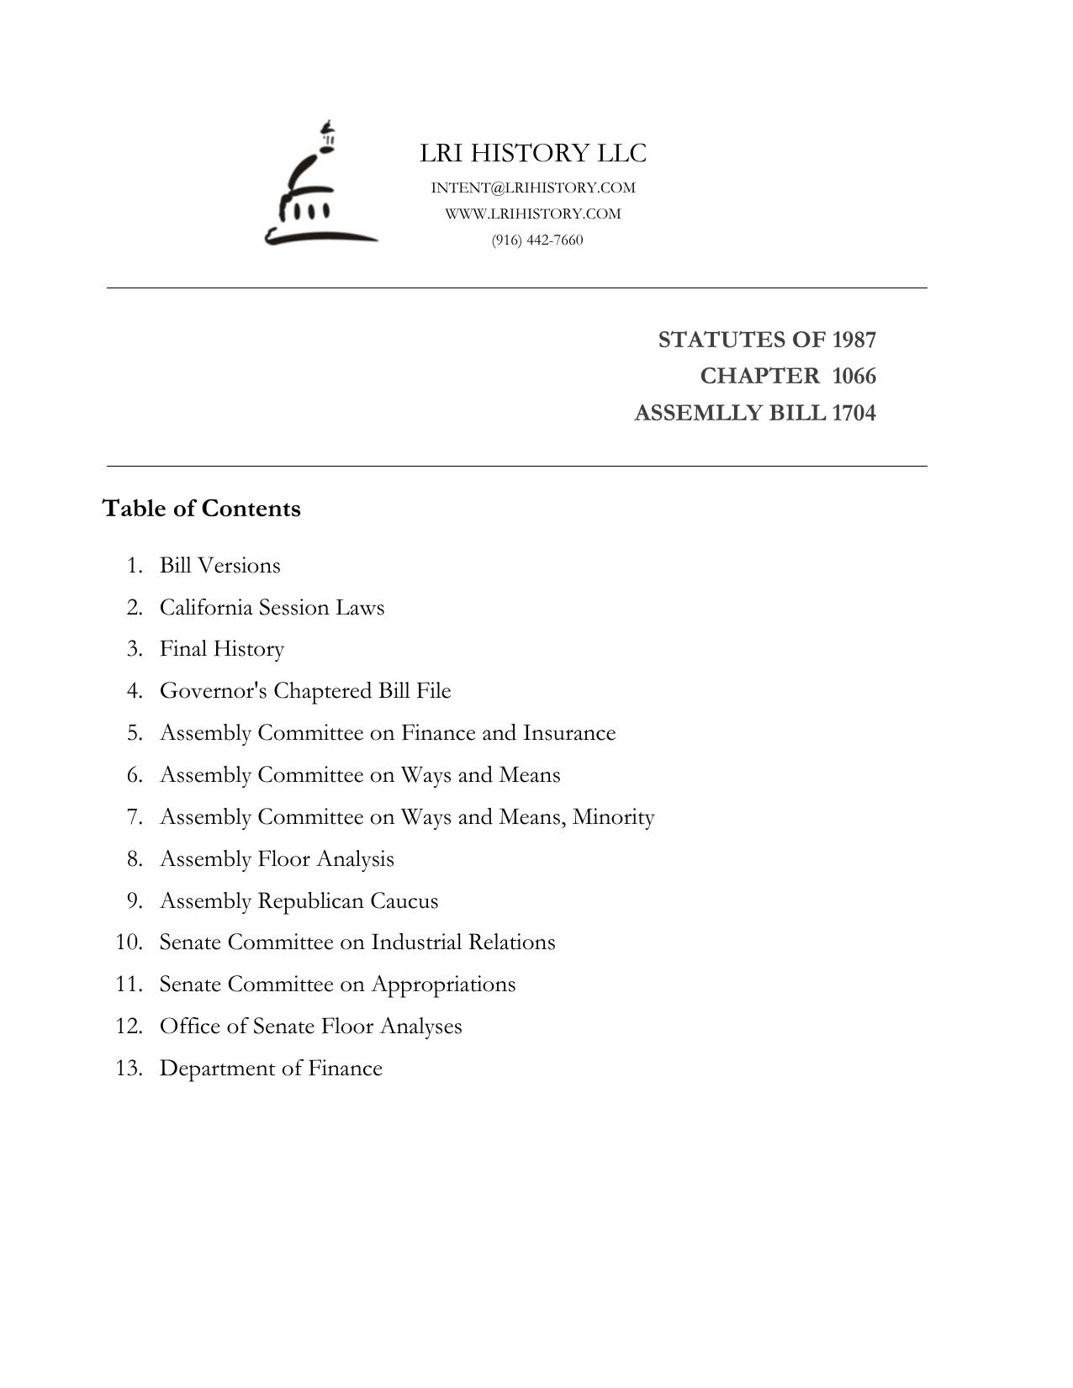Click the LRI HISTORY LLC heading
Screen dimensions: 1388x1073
(x=533, y=153)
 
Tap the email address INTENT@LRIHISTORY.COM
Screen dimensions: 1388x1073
(x=533, y=187)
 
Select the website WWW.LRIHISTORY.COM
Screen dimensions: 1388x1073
(x=533, y=214)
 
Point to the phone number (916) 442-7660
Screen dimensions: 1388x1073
(x=537, y=240)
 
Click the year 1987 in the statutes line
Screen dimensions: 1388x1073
(x=854, y=340)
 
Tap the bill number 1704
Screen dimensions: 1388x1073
(x=854, y=413)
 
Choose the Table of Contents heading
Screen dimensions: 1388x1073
(x=201, y=509)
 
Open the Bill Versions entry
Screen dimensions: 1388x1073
(x=220, y=565)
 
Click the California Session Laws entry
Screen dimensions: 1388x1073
(x=272, y=607)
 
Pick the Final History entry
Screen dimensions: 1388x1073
(x=222, y=649)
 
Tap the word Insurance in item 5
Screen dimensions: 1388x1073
(x=569, y=733)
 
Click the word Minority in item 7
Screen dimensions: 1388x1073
(x=613, y=817)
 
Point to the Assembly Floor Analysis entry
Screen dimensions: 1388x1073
(x=277, y=859)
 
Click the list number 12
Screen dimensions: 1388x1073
(x=129, y=1026)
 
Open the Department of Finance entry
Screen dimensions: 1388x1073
(x=271, y=1069)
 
